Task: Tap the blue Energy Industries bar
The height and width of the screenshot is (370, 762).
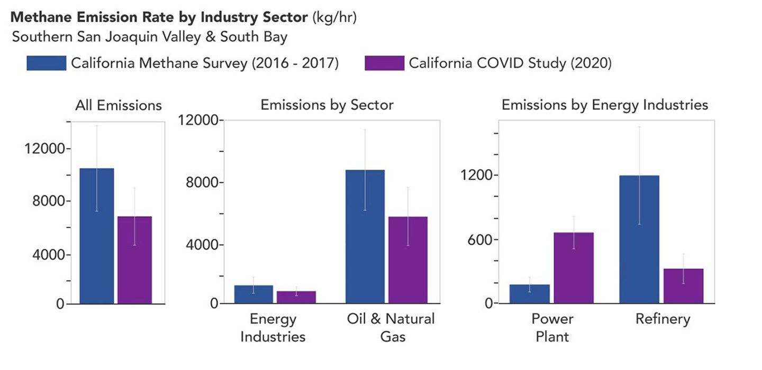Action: pyautogui.click(x=253, y=294)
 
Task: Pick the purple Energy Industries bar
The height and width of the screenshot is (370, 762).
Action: pyautogui.click(x=296, y=297)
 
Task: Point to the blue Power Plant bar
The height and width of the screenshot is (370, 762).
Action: pyautogui.click(x=529, y=294)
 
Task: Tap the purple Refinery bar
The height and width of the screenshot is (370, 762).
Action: pyautogui.click(x=683, y=286)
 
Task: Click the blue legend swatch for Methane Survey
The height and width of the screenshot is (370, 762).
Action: pyautogui.click(x=47, y=63)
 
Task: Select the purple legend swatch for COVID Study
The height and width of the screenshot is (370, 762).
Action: pyautogui.click(x=385, y=63)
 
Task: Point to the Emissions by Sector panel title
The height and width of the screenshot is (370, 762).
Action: pyautogui.click(x=327, y=105)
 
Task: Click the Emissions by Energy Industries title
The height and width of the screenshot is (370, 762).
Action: pyautogui.click(x=604, y=105)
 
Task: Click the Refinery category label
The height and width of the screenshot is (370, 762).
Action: pyautogui.click(x=663, y=319)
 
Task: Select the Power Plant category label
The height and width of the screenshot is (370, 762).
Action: pyautogui.click(x=552, y=328)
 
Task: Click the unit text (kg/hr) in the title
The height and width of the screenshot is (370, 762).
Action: pyautogui.click(x=334, y=17)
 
